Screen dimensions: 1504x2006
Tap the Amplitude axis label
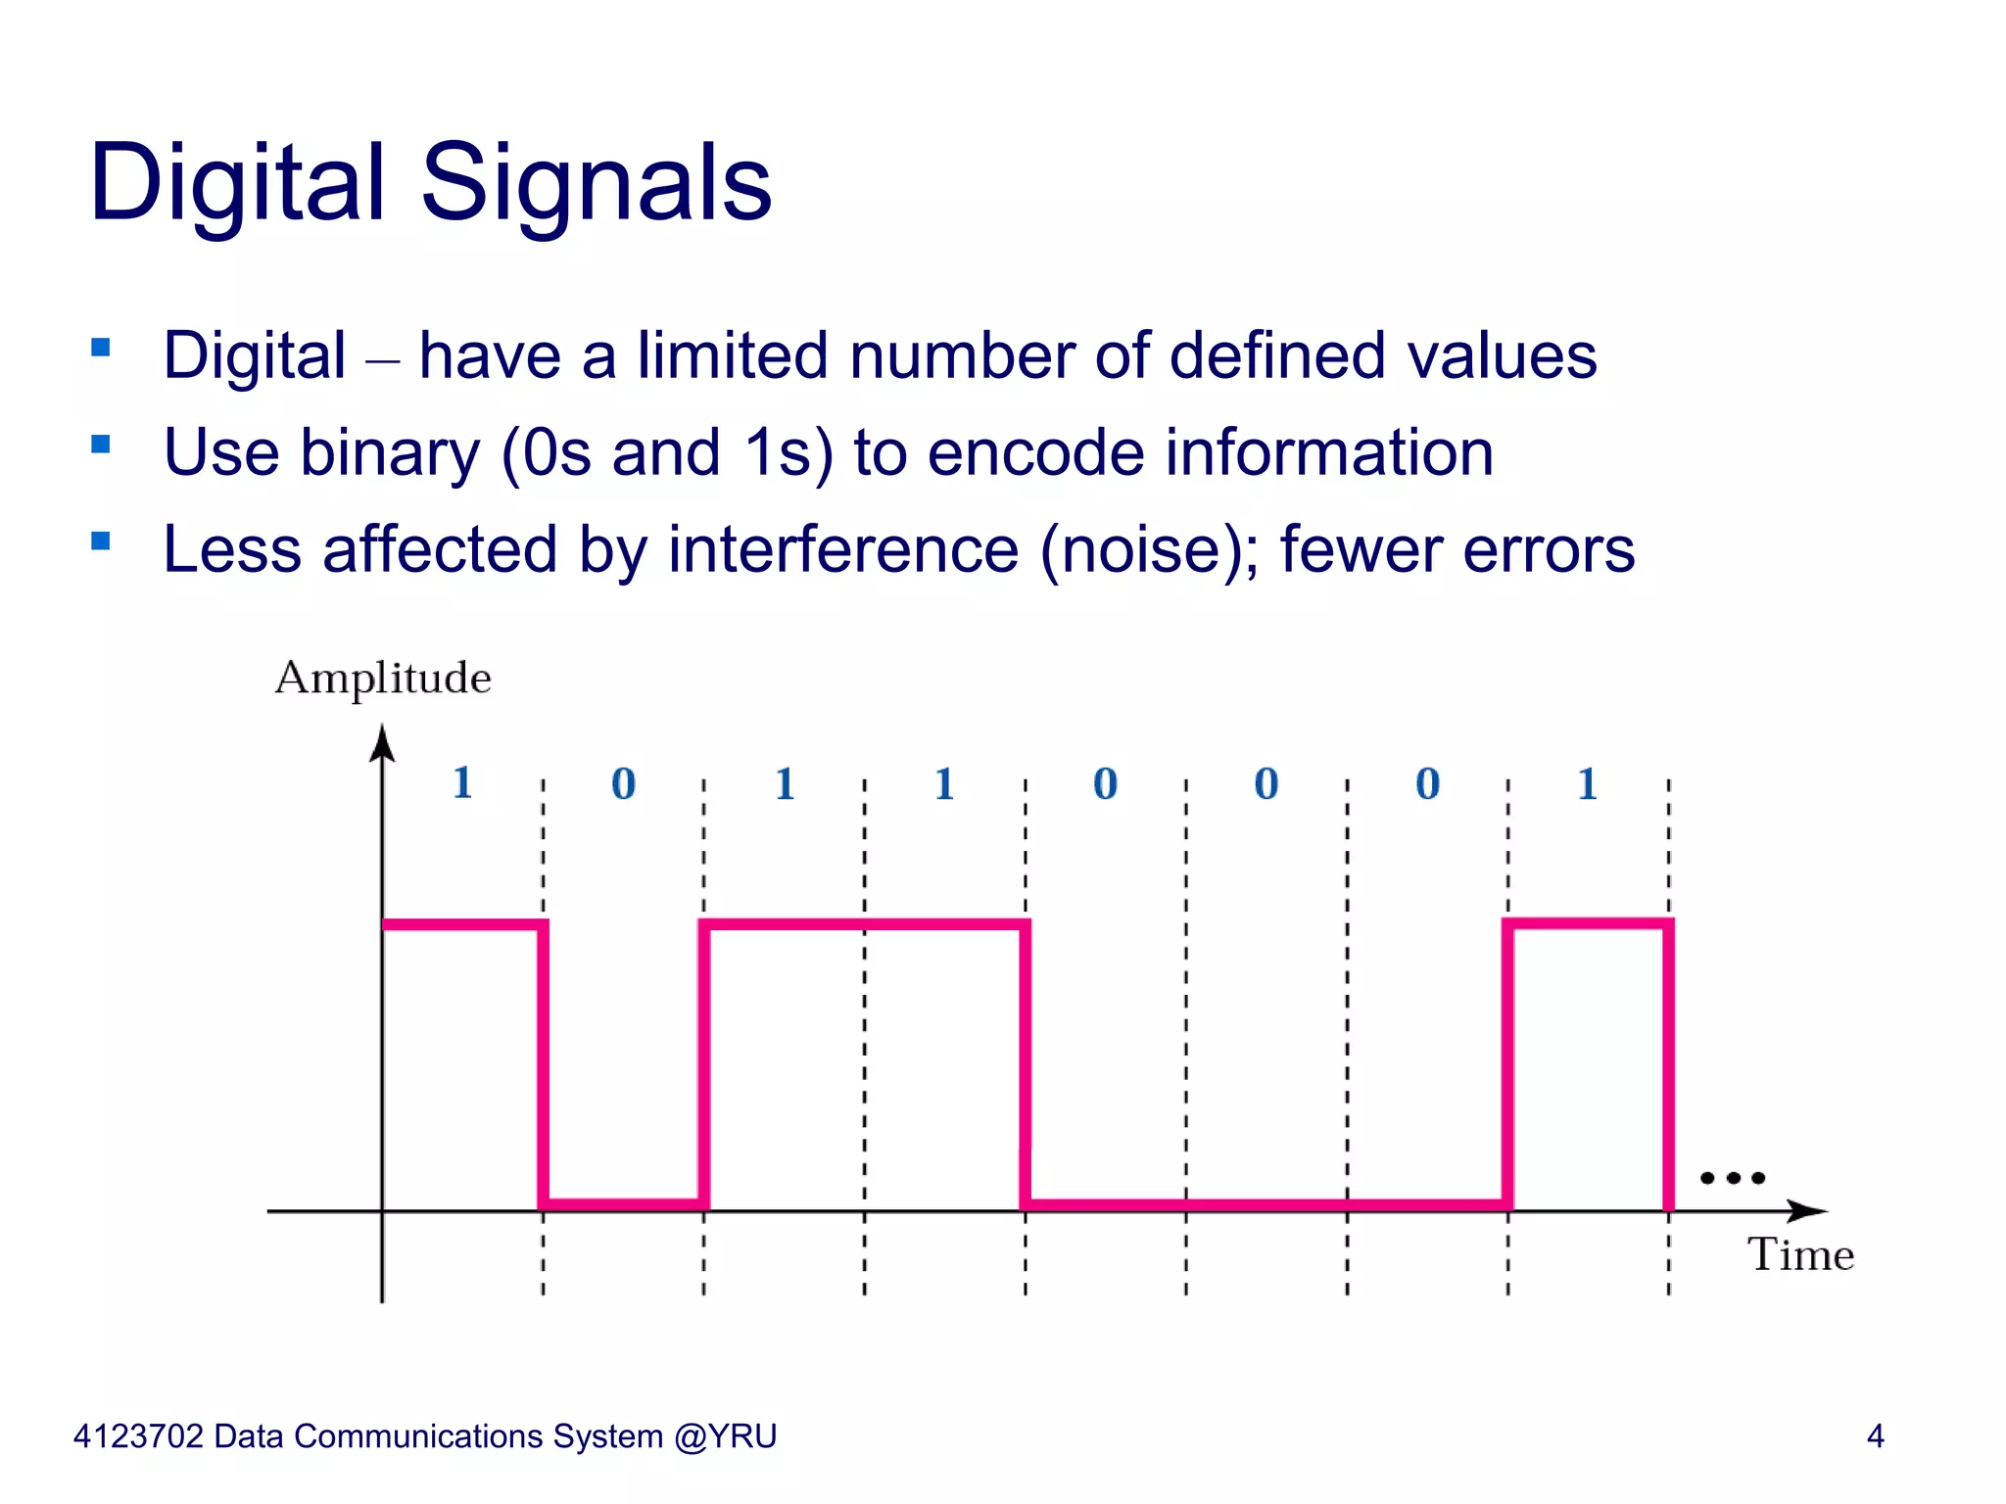(383, 678)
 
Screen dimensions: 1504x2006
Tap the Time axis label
(1800, 1254)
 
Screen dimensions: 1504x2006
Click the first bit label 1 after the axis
(462, 782)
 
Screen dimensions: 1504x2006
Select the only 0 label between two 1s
(623, 783)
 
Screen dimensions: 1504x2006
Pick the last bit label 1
(1588, 783)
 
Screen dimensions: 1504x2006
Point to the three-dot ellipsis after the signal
(1732, 1178)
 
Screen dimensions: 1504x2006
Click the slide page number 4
(1875, 1435)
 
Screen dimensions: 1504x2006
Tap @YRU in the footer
(725, 1435)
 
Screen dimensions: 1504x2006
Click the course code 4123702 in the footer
(138, 1435)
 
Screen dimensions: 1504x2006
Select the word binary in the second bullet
(390, 453)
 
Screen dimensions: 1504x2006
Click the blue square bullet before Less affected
(100, 540)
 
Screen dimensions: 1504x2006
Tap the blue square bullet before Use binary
(100, 445)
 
